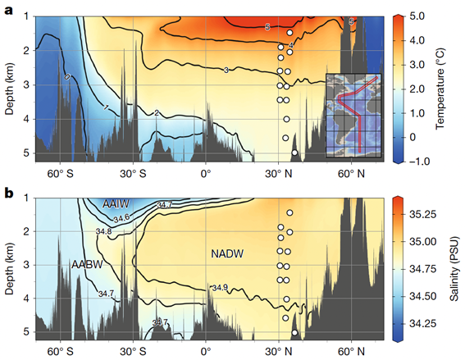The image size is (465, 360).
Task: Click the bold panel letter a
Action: (9, 11)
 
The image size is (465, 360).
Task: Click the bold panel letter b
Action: (9, 193)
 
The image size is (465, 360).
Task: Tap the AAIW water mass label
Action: (116, 204)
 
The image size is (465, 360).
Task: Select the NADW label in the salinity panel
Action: (227, 254)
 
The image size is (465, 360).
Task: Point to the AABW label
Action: (87, 264)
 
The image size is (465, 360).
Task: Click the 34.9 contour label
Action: (220, 288)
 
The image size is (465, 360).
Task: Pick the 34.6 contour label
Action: (121, 219)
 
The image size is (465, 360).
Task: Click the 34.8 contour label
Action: (104, 231)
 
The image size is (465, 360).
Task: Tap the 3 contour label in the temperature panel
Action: (226, 71)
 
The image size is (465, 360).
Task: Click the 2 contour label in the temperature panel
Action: (157, 112)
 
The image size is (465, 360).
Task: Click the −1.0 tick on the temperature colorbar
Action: (419, 162)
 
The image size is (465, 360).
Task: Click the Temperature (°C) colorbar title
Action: (440, 89)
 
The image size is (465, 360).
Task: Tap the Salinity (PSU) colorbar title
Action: (454, 269)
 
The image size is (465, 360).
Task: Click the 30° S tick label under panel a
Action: (133, 174)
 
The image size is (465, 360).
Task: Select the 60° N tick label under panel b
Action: (352, 352)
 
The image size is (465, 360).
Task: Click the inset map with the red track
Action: (353, 116)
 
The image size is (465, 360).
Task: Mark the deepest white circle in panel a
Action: (294, 153)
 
